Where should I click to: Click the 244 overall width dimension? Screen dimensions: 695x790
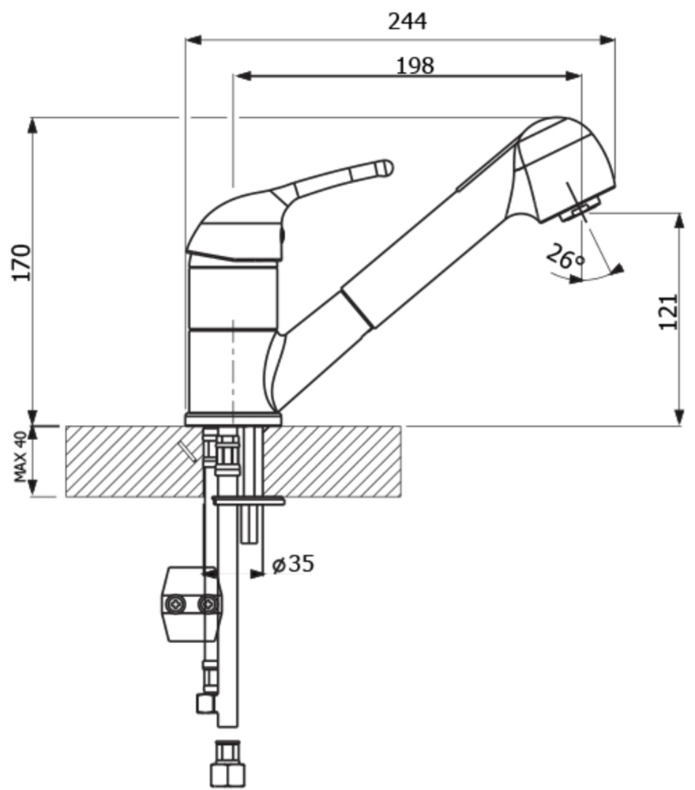408,21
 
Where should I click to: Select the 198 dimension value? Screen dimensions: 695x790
415,66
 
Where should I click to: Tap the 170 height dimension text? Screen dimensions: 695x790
21,262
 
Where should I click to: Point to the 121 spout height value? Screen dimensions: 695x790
669,312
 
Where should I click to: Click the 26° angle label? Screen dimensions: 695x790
565,257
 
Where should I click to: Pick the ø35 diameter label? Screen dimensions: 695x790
293,564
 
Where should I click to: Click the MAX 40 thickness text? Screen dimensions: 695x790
21,457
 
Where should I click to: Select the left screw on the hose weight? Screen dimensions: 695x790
175,604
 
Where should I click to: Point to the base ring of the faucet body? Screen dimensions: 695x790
233,419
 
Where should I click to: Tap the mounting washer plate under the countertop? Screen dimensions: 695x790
248,501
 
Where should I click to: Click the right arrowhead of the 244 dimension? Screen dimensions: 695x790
607,40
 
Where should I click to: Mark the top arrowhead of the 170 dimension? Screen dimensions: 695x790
32,126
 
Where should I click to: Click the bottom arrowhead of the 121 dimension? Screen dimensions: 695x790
679,417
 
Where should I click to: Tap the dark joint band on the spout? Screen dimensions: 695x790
358,308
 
